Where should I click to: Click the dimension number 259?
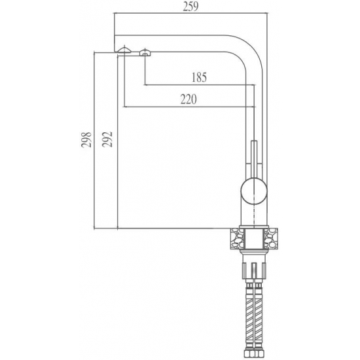[x=190, y=7]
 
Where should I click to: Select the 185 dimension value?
[x=199, y=77]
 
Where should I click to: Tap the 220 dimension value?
[x=189, y=99]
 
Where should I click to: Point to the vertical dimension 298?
[x=86, y=140]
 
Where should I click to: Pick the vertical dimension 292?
[x=107, y=139]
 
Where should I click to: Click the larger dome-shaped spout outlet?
[x=124, y=50]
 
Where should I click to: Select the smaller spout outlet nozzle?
[x=145, y=52]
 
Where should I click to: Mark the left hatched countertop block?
[x=238, y=238]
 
